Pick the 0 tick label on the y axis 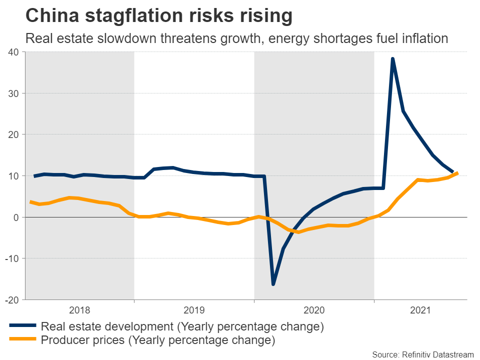coord(16,217)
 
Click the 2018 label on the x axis coord(79,310)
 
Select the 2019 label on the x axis coord(194,310)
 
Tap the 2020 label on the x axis coord(314,310)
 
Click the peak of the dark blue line coord(393,59)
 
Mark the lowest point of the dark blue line coord(273,284)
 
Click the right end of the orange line coord(457,173)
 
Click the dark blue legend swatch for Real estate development coord(23,326)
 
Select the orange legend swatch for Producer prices coord(23,340)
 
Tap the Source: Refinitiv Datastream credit coord(422,354)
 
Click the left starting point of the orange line coord(31,202)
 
